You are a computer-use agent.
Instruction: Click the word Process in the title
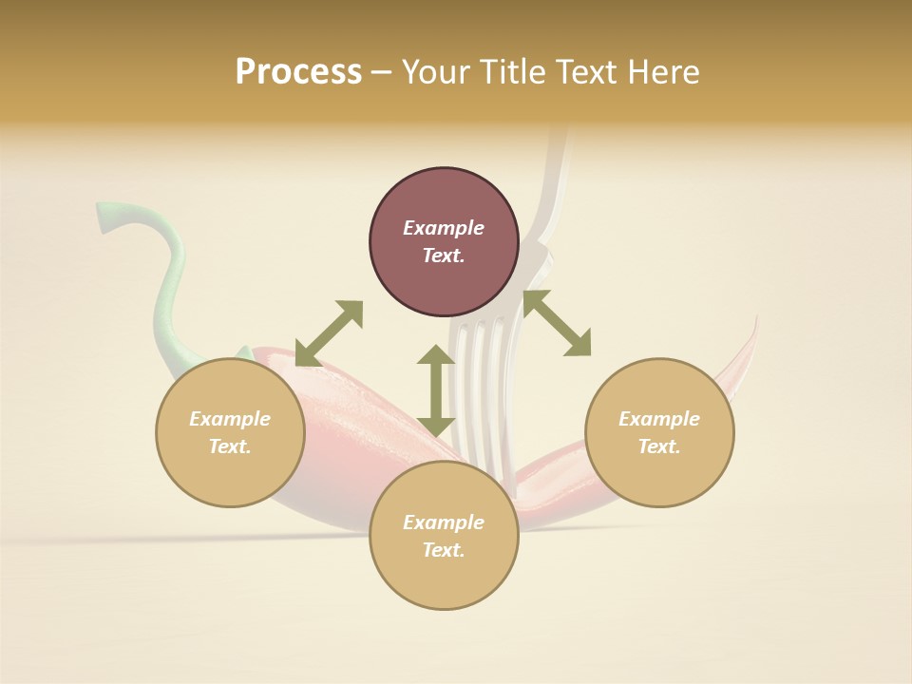[298, 72]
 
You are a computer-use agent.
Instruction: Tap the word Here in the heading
[661, 72]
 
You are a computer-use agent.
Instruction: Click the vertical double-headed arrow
[436, 390]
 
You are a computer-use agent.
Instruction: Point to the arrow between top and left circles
[329, 333]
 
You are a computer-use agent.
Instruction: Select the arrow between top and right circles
[557, 324]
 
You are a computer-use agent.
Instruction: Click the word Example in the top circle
[444, 228]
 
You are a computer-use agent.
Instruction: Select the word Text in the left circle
[230, 446]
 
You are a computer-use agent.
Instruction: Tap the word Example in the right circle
[659, 419]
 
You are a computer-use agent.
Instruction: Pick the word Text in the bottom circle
[444, 550]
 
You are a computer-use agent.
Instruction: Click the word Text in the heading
[596, 72]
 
